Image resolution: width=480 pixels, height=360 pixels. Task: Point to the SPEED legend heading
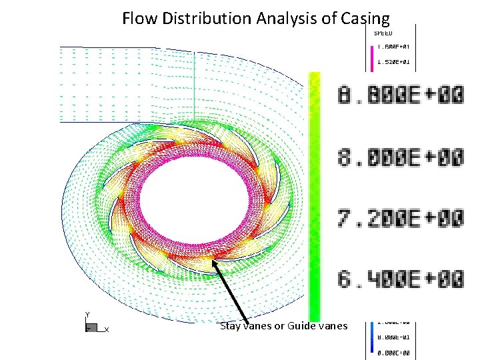(383, 33)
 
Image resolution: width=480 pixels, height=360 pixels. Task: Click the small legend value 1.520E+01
(393, 62)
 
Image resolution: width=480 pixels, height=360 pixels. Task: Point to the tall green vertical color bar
(314, 193)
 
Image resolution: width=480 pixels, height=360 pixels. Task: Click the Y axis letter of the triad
(87, 315)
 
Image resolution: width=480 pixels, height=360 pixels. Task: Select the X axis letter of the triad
(107, 329)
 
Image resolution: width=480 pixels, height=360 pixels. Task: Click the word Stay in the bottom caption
(230, 326)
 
